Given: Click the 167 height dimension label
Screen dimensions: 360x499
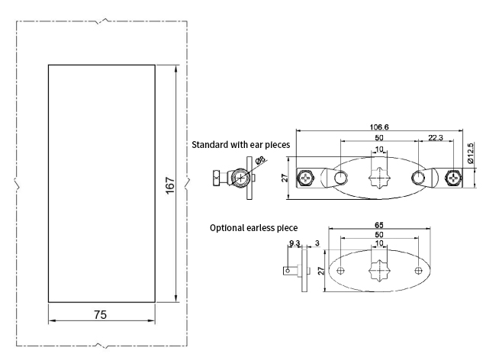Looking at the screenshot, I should [x=169, y=185].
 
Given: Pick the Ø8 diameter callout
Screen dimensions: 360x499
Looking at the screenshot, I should [x=260, y=161].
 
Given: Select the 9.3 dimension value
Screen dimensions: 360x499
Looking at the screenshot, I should [x=295, y=244].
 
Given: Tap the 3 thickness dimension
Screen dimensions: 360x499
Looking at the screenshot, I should [x=316, y=244].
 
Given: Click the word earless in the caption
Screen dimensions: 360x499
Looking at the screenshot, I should [x=264, y=227].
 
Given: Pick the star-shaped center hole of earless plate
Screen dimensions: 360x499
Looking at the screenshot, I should [x=380, y=271].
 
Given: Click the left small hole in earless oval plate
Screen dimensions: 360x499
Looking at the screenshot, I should [x=342, y=271].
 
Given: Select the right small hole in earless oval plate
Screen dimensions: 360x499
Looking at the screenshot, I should [x=418, y=271].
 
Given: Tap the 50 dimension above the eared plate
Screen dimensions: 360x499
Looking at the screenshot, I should [x=379, y=137].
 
